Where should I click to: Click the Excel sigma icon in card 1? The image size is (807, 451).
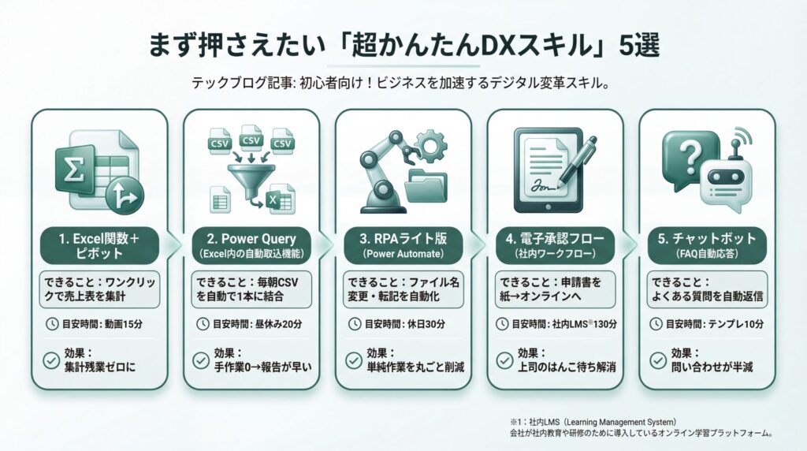[75, 170]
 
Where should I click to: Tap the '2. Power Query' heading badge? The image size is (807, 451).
[251, 245]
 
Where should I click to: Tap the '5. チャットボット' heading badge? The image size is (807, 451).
[707, 245]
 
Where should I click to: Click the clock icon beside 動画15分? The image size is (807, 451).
[51, 324]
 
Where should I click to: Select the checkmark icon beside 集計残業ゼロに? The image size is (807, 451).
[51, 360]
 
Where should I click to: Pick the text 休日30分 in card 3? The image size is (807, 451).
[426, 324]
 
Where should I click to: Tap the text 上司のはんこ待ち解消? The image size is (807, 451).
[567, 367]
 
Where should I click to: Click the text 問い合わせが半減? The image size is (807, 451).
[712, 367]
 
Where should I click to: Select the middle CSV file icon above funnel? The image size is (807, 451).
[251, 138]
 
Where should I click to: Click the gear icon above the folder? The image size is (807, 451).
[430, 147]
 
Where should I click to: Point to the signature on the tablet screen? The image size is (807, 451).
[542, 186]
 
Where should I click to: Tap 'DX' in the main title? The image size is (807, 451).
[499, 46]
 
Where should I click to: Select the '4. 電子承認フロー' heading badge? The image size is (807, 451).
[556, 245]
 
